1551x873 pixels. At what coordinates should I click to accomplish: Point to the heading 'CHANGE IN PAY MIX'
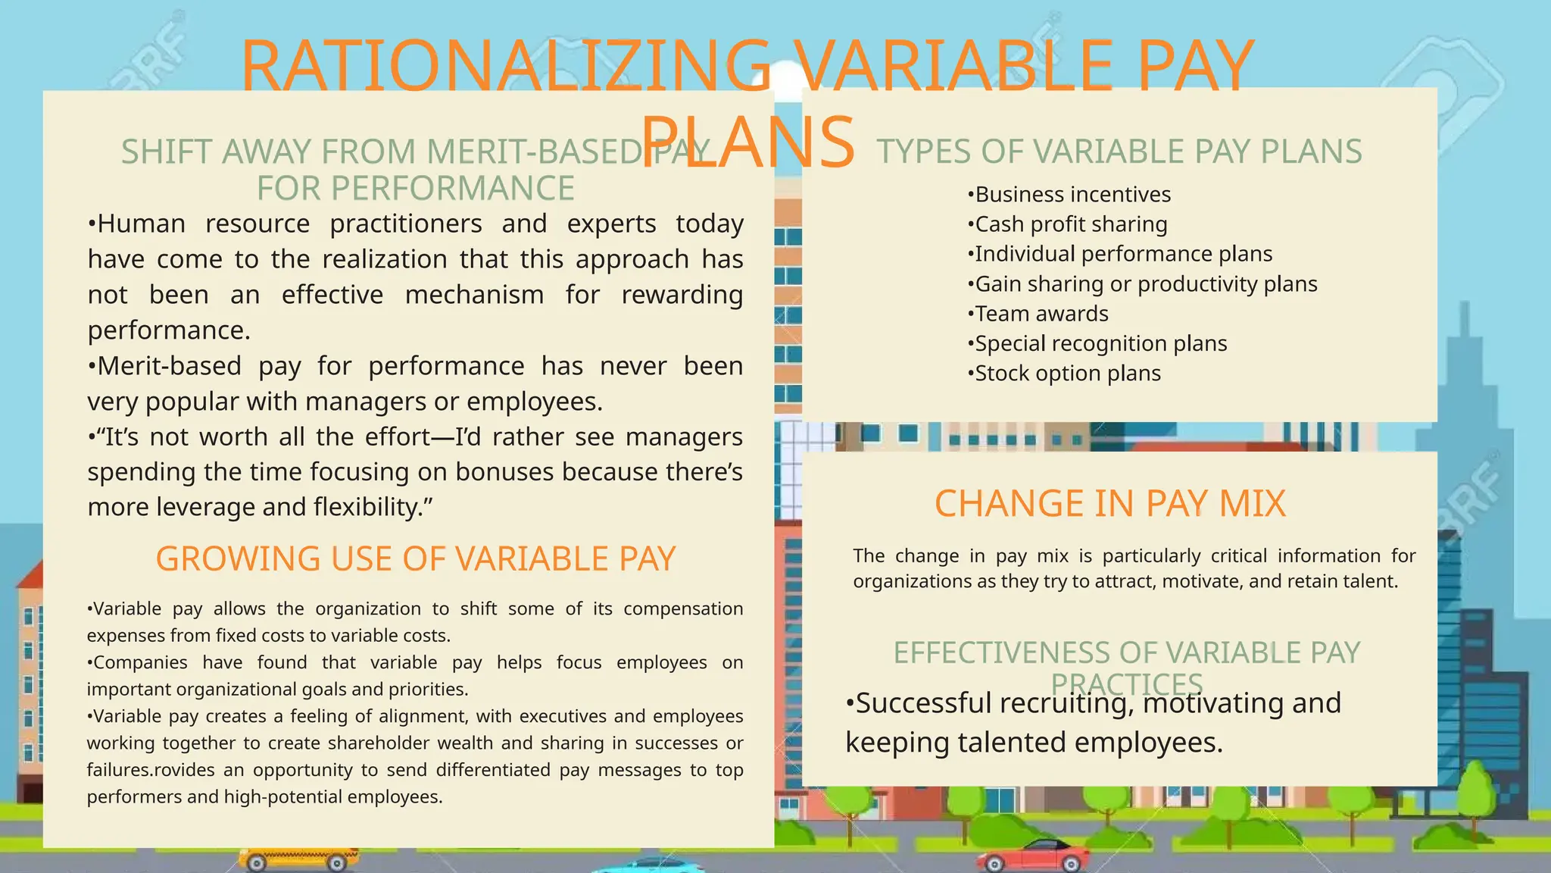(1109, 504)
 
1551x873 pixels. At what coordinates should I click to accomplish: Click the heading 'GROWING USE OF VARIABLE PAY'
(415, 559)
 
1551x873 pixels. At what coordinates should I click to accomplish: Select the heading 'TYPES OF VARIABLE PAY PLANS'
(1119, 152)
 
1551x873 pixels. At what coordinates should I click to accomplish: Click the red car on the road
(1033, 857)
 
